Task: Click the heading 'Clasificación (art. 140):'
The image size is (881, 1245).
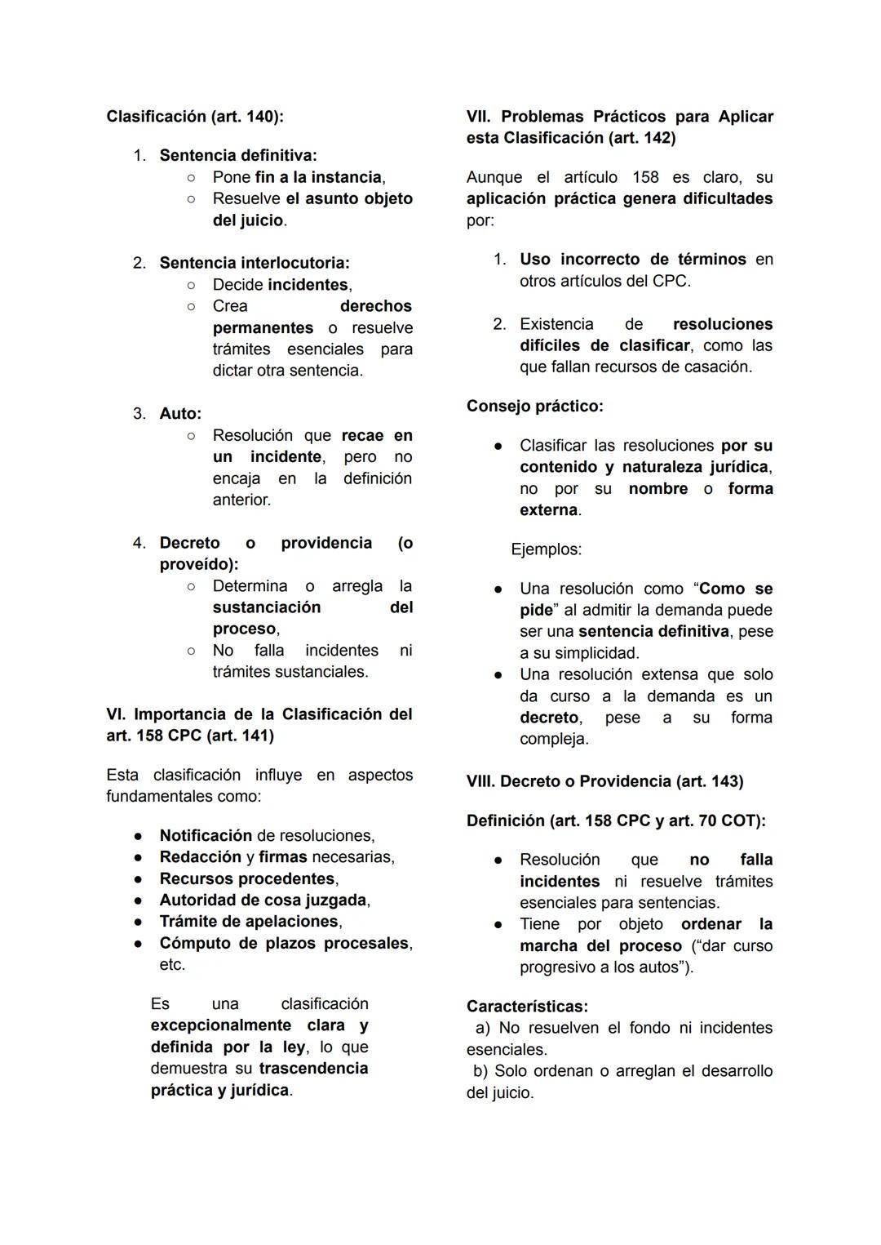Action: coord(195,117)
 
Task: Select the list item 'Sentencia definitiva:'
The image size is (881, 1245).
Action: coord(237,155)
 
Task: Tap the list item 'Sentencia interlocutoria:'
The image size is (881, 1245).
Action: coord(254,263)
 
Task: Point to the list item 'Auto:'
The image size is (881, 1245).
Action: coord(179,414)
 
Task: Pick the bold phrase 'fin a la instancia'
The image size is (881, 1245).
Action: coord(318,177)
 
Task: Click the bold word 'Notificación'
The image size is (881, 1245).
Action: coord(206,836)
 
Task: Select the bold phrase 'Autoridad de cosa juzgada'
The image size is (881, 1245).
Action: coord(263,900)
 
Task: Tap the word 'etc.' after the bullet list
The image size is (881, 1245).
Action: coord(172,965)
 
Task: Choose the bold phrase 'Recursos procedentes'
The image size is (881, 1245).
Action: coord(247,879)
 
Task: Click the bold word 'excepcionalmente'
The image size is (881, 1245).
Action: coord(220,1025)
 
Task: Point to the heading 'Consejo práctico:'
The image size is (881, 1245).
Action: coord(534,407)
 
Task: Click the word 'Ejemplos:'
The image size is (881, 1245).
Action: coord(546,549)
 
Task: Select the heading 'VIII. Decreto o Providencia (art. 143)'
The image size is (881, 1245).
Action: coord(604,782)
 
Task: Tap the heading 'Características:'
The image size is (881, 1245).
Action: coord(527,1007)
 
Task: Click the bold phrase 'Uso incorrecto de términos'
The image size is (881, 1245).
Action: coord(632,260)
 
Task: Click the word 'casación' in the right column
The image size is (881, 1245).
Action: coord(719,367)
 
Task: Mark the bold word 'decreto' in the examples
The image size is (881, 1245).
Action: coord(549,718)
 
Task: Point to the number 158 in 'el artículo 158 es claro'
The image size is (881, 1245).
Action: coord(645,177)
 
